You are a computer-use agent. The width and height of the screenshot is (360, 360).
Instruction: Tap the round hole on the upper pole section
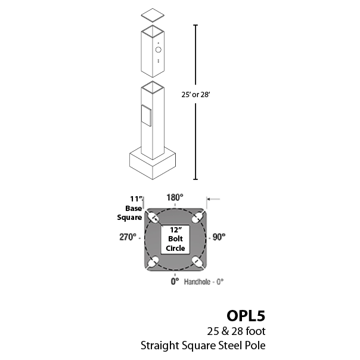click(x=158, y=50)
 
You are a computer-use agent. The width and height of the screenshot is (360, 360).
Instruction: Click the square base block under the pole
click(x=153, y=165)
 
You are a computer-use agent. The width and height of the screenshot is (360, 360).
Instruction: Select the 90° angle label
click(x=219, y=237)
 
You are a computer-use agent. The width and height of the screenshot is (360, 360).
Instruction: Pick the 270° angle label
click(x=128, y=237)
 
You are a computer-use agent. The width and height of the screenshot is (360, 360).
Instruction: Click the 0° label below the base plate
click(x=175, y=281)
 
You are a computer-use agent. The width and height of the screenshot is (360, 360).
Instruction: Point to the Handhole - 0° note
click(x=204, y=281)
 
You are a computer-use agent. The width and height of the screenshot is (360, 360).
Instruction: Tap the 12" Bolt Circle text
click(x=175, y=238)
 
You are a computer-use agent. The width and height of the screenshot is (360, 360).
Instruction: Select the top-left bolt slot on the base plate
click(x=154, y=216)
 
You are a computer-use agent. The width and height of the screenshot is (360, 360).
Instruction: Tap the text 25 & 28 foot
click(x=235, y=331)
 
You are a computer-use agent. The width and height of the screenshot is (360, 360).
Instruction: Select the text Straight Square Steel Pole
click(x=203, y=345)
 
